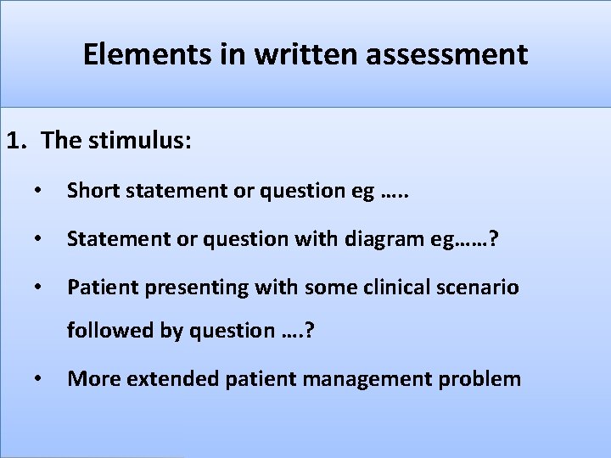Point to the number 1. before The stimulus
(18, 141)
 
